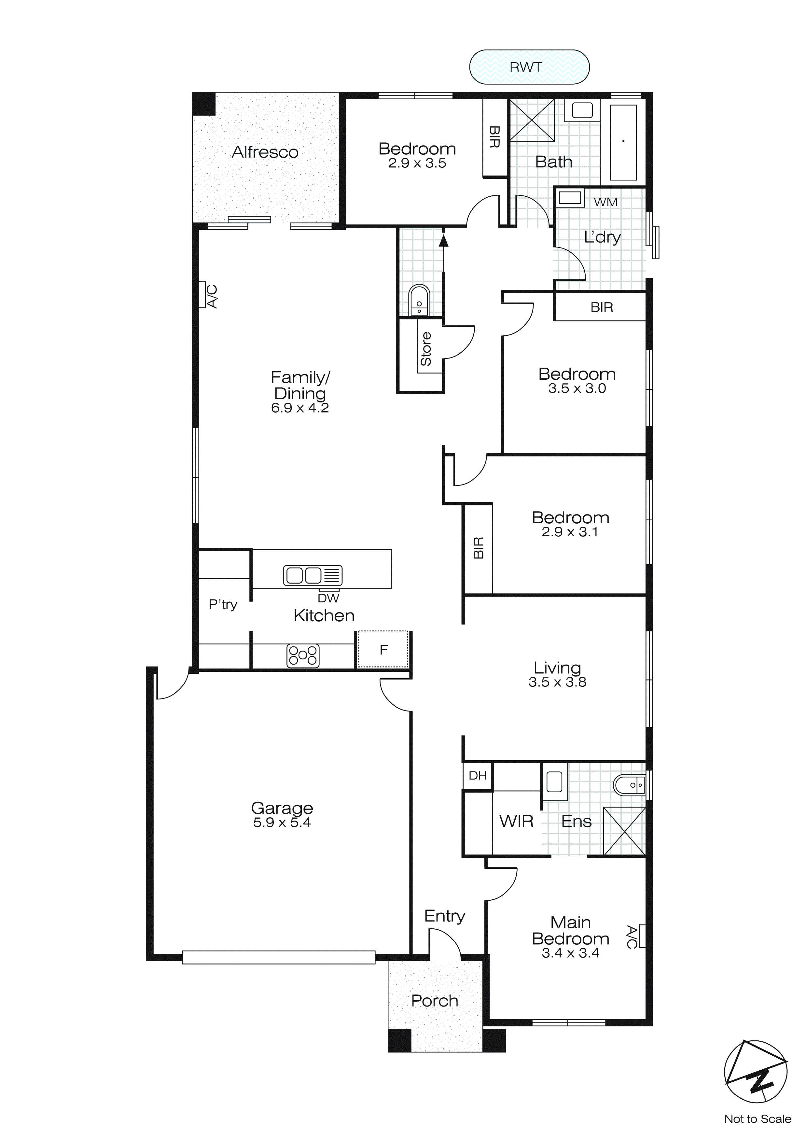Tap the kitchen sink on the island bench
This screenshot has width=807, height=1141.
pos(313,575)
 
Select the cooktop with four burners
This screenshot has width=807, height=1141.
pos(303,655)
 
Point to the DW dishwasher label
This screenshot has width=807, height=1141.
pos(328,598)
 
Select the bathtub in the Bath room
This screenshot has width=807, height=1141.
pos(623,142)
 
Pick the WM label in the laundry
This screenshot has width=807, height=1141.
pos(605,202)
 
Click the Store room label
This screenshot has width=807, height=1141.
pos(425,349)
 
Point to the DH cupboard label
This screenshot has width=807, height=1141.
pos(477,775)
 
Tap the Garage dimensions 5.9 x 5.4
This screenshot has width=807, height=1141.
pos(282,823)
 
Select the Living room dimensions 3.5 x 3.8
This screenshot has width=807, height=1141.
pos(557,682)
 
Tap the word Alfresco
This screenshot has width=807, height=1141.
pos(265,152)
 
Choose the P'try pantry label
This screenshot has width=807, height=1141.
pos(223,604)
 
